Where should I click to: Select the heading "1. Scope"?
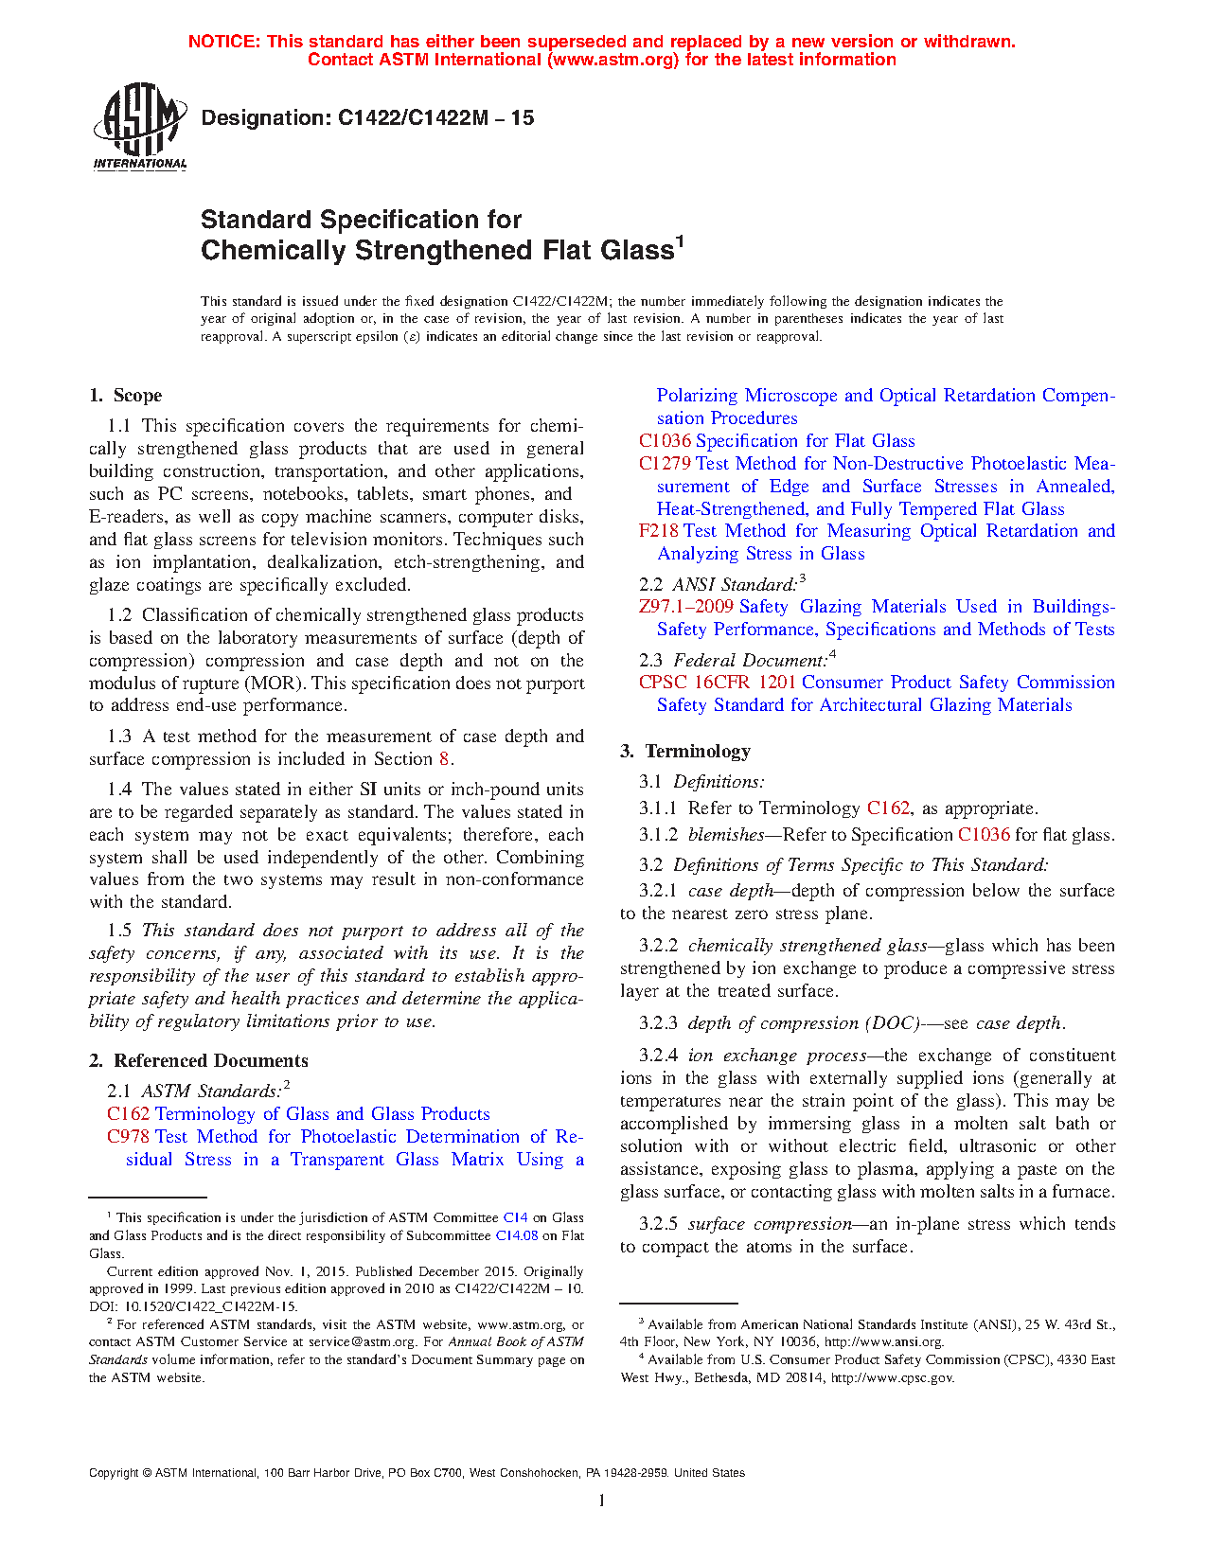coord(126,396)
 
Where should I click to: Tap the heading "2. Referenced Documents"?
coord(199,1061)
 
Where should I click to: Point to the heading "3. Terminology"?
coord(685,752)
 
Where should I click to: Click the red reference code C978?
coord(128,1137)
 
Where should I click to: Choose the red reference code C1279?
coord(665,464)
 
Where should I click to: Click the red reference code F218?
coord(658,531)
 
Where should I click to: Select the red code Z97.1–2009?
coord(685,607)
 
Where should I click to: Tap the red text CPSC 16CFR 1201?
coord(717,683)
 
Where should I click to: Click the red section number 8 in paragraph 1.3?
coord(444,759)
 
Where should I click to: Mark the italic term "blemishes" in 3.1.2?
coord(726,835)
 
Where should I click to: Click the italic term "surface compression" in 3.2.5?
coord(770,1224)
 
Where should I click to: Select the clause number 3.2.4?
coord(658,1056)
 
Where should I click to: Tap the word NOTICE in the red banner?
coord(223,42)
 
